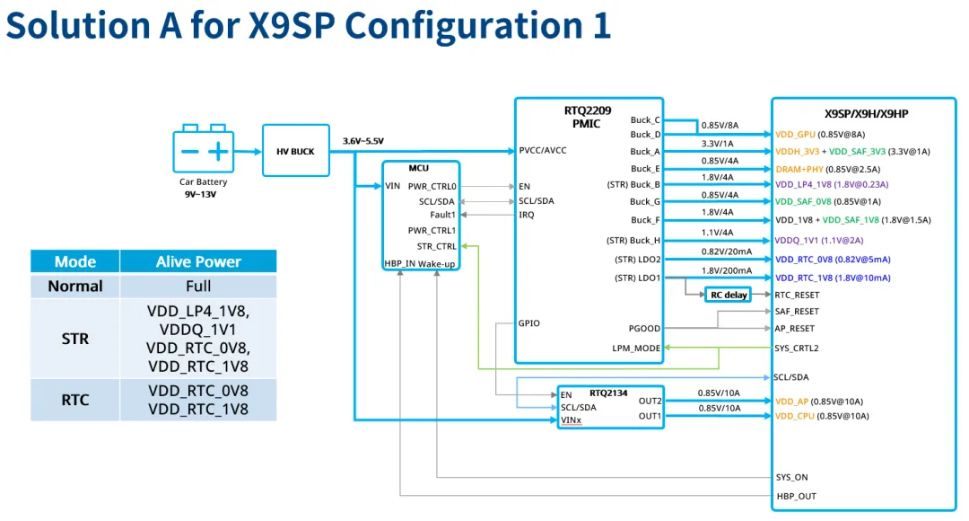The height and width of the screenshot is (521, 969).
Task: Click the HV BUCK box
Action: tap(295, 150)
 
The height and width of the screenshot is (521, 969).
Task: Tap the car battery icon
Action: tap(204, 148)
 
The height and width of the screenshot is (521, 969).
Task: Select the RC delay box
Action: tap(729, 295)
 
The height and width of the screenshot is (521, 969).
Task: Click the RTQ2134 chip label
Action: tap(608, 393)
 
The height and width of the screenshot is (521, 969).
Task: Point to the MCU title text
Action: tap(418, 168)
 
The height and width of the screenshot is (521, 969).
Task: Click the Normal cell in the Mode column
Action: tap(75, 287)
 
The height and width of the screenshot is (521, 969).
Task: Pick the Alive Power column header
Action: tap(198, 261)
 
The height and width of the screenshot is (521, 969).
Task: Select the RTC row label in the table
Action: tap(75, 400)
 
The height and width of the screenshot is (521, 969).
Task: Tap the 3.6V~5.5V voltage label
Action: tap(362, 141)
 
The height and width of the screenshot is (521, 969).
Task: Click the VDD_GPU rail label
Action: tap(795, 134)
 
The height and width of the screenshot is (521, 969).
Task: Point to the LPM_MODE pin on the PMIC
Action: tap(636, 348)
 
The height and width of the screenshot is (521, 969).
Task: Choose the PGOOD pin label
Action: tap(644, 329)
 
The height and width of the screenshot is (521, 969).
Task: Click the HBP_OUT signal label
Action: tap(797, 496)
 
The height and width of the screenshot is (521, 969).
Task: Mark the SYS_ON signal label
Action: tap(791, 477)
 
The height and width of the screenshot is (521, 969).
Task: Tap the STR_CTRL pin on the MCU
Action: tap(436, 246)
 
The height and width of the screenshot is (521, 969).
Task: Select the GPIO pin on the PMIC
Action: tap(529, 323)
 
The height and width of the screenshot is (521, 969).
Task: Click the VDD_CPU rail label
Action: tap(795, 416)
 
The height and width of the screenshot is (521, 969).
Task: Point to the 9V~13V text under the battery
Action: tap(200, 194)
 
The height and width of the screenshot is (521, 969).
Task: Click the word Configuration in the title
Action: tap(464, 25)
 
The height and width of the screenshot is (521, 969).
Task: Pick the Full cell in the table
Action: tap(198, 287)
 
